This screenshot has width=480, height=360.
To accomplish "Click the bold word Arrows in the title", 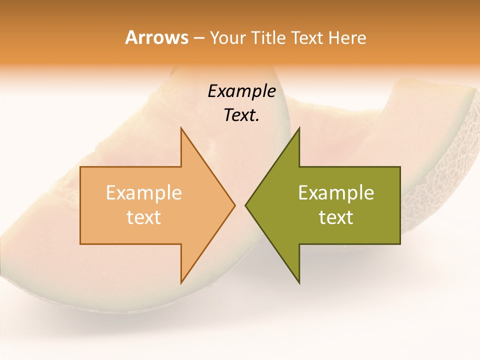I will click(156, 37).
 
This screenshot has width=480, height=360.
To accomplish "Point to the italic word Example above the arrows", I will click(241, 91).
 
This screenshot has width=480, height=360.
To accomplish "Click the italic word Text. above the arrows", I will click(241, 115).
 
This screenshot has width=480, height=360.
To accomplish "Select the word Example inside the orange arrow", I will click(144, 193).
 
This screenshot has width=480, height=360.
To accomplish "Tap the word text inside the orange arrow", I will click(144, 217).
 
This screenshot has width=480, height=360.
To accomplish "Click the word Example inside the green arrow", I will click(336, 193).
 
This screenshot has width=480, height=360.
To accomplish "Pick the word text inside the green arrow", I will click(336, 217).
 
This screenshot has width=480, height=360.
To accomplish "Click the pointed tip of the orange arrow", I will click(235, 205).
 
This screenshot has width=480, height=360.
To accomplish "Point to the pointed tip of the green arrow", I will click(245, 205).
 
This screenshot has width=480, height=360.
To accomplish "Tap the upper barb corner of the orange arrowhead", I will click(181, 128).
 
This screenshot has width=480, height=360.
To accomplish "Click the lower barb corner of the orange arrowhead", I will click(181, 283).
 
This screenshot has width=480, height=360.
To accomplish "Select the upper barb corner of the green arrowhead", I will click(299, 128).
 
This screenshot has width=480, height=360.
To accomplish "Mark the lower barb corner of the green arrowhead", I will click(299, 283).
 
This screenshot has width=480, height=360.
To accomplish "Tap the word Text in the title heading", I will click(307, 37).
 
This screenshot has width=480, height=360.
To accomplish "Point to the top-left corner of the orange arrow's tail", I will click(80, 167).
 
